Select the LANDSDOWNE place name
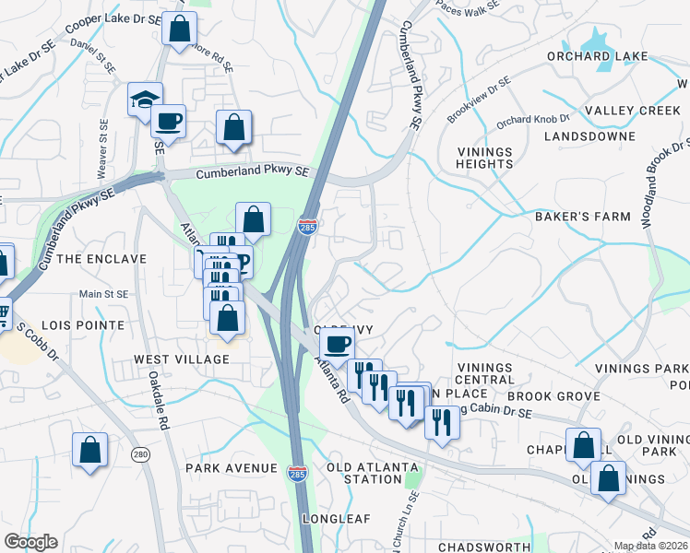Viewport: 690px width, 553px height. pyautogui.click(x=589, y=136)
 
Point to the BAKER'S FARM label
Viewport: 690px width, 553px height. pyautogui.click(x=583, y=217)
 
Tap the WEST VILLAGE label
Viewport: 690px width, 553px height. pyautogui.click(x=182, y=359)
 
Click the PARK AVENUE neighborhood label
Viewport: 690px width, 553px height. pyautogui.click(x=231, y=468)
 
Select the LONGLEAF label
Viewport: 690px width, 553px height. pyautogui.click(x=341, y=519)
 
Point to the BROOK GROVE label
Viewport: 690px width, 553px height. pyautogui.click(x=553, y=395)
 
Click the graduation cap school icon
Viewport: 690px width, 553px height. pyautogui.click(x=145, y=98)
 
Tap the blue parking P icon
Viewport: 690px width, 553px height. pyautogui.click(x=243, y=261)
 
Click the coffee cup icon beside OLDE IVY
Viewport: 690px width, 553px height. pyautogui.click(x=337, y=345)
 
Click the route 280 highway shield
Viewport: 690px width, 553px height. pyautogui.click(x=140, y=454)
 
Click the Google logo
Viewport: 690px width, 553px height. pyautogui.click(x=31, y=542)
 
